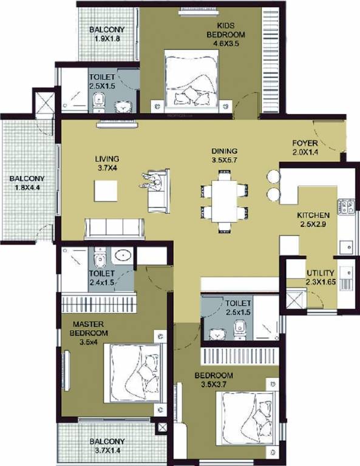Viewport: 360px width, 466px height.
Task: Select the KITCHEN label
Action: pos(313,215)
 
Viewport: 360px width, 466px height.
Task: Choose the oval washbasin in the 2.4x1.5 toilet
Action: pos(123,256)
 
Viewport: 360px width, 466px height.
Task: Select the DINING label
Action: pos(224,151)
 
